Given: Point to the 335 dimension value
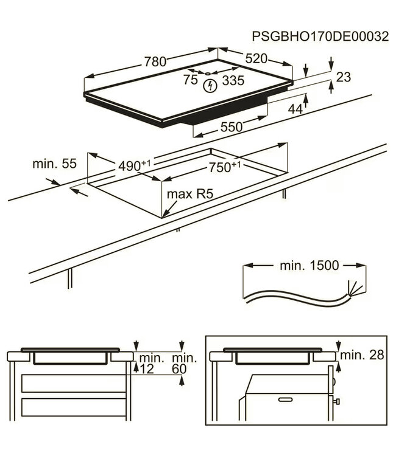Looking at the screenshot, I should (x=233, y=80).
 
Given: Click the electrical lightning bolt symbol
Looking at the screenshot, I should (x=211, y=86).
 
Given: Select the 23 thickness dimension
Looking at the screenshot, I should (x=344, y=77).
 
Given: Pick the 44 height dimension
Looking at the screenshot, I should (x=295, y=108).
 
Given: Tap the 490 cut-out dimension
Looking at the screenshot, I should (x=133, y=165).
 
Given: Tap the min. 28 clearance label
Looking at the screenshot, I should (x=362, y=354).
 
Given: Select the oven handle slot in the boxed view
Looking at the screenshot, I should (x=287, y=400).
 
